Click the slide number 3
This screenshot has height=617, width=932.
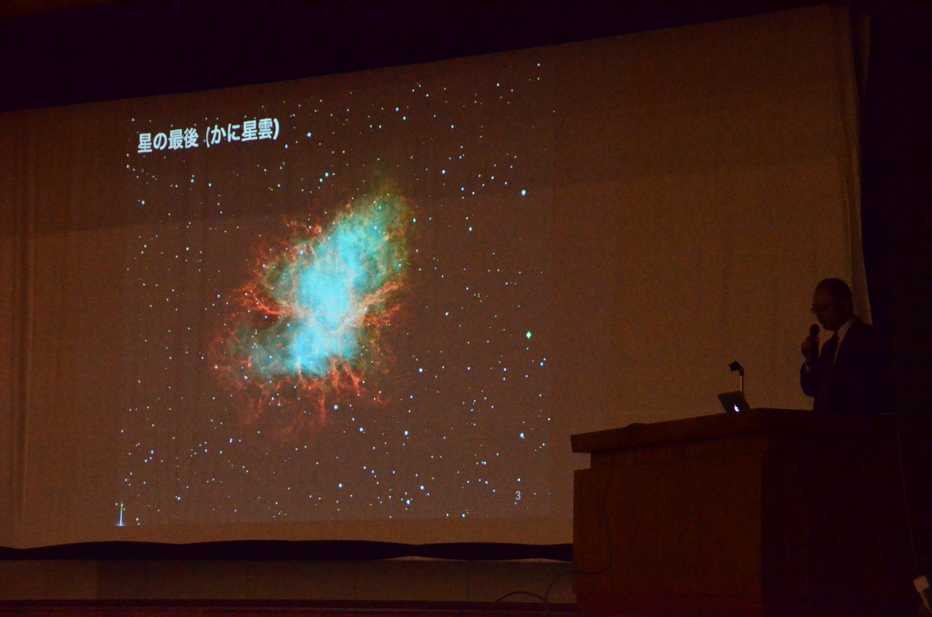pos(518,496)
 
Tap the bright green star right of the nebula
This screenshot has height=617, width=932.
pos(529,335)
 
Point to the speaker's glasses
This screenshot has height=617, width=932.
pos(816,309)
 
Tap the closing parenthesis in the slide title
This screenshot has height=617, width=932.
pos(276,129)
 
